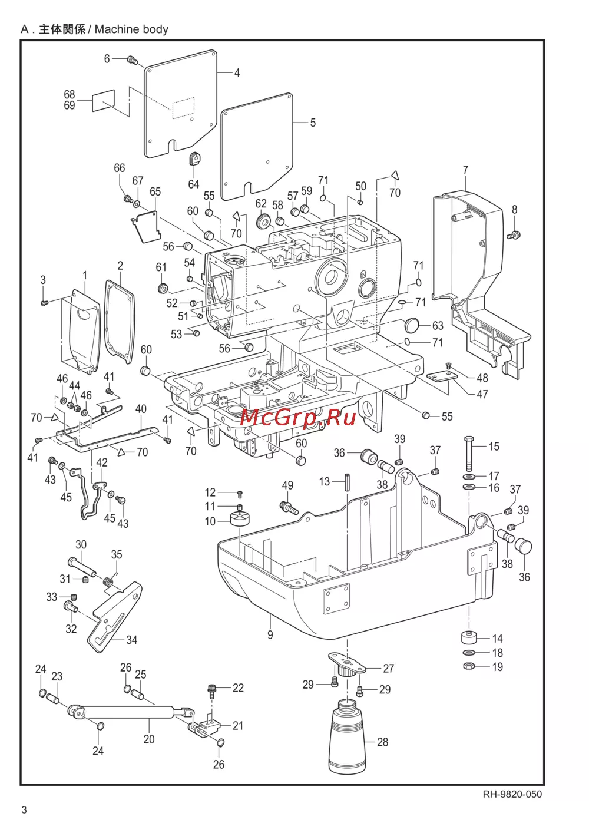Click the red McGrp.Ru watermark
tap(298, 417)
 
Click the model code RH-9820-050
tap(512, 794)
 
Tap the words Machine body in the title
tap(131, 29)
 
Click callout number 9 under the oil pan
tap(270, 634)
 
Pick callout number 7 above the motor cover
tap(465, 170)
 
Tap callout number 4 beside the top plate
tap(237, 73)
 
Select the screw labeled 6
tap(133, 59)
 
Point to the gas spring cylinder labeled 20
tap(130, 711)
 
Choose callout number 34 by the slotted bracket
tap(132, 640)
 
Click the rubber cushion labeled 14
tap(469, 638)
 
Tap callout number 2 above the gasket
tap(120, 266)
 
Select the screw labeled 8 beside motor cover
tap(514, 235)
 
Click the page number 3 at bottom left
tap(24, 810)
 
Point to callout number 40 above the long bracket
tap(141, 409)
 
